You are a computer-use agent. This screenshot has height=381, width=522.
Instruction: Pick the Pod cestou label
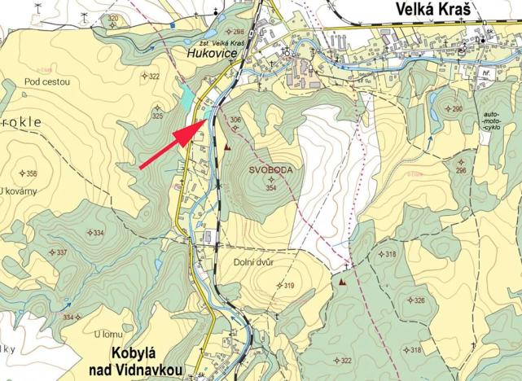click(47, 81)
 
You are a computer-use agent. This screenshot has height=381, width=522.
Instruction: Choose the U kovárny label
click(20, 191)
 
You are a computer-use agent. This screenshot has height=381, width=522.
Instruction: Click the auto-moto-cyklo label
click(491, 121)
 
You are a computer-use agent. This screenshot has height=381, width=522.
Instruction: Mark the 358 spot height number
click(31, 173)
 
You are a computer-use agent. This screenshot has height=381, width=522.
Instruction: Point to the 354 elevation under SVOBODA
click(274, 188)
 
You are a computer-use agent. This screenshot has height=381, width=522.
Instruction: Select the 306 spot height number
click(235, 120)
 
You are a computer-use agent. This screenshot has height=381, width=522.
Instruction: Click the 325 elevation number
click(157, 116)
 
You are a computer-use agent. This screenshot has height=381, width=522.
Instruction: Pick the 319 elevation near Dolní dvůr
click(286, 286)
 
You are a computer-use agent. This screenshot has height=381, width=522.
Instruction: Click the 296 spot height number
click(460, 170)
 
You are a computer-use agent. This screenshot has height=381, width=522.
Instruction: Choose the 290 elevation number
click(457, 108)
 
